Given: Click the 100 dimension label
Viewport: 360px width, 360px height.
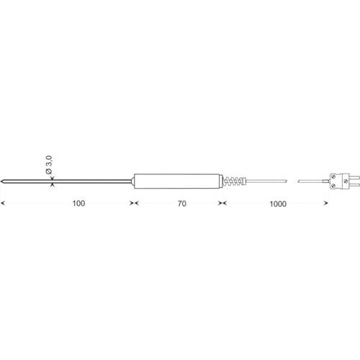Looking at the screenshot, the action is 78,203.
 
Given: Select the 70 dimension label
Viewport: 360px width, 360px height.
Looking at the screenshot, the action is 182,204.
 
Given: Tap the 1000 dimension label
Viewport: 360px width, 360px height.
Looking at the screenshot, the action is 278,204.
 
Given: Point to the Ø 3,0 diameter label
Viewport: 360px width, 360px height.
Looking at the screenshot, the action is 49,165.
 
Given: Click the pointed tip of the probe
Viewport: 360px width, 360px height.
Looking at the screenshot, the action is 1,181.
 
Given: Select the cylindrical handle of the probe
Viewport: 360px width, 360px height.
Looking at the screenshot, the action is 177,181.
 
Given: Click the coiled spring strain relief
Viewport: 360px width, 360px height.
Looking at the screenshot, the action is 234,181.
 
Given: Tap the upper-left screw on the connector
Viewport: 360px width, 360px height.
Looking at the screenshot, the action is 333,176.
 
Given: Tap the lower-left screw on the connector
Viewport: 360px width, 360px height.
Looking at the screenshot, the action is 333,186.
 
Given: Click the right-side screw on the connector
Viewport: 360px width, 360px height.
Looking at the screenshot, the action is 346,181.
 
